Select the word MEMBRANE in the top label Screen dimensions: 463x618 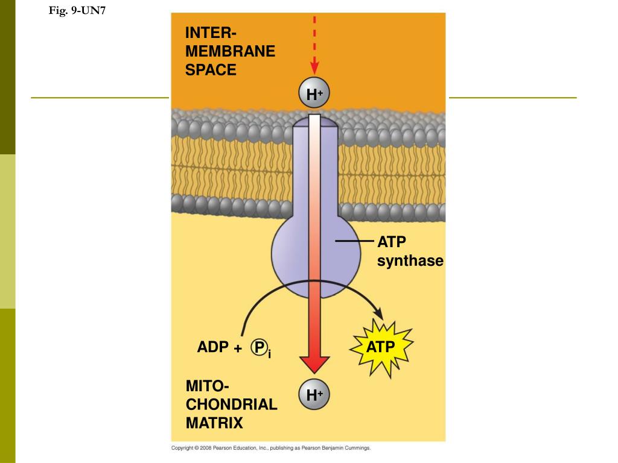click(230, 51)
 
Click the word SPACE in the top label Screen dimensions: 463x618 click(211, 70)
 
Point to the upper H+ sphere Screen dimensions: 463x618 click(314, 94)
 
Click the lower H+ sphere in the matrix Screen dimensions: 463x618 click(314, 395)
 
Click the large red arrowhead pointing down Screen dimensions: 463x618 click(314, 364)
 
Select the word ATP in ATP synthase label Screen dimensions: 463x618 click(392, 242)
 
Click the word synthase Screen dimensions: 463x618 click(410, 261)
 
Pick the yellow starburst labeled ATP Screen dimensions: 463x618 click(381, 347)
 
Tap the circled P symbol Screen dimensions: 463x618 click(260, 347)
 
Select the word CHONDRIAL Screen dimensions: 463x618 click(231, 404)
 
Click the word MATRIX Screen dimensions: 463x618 click(214, 423)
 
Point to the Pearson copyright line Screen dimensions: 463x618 click(271, 448)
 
